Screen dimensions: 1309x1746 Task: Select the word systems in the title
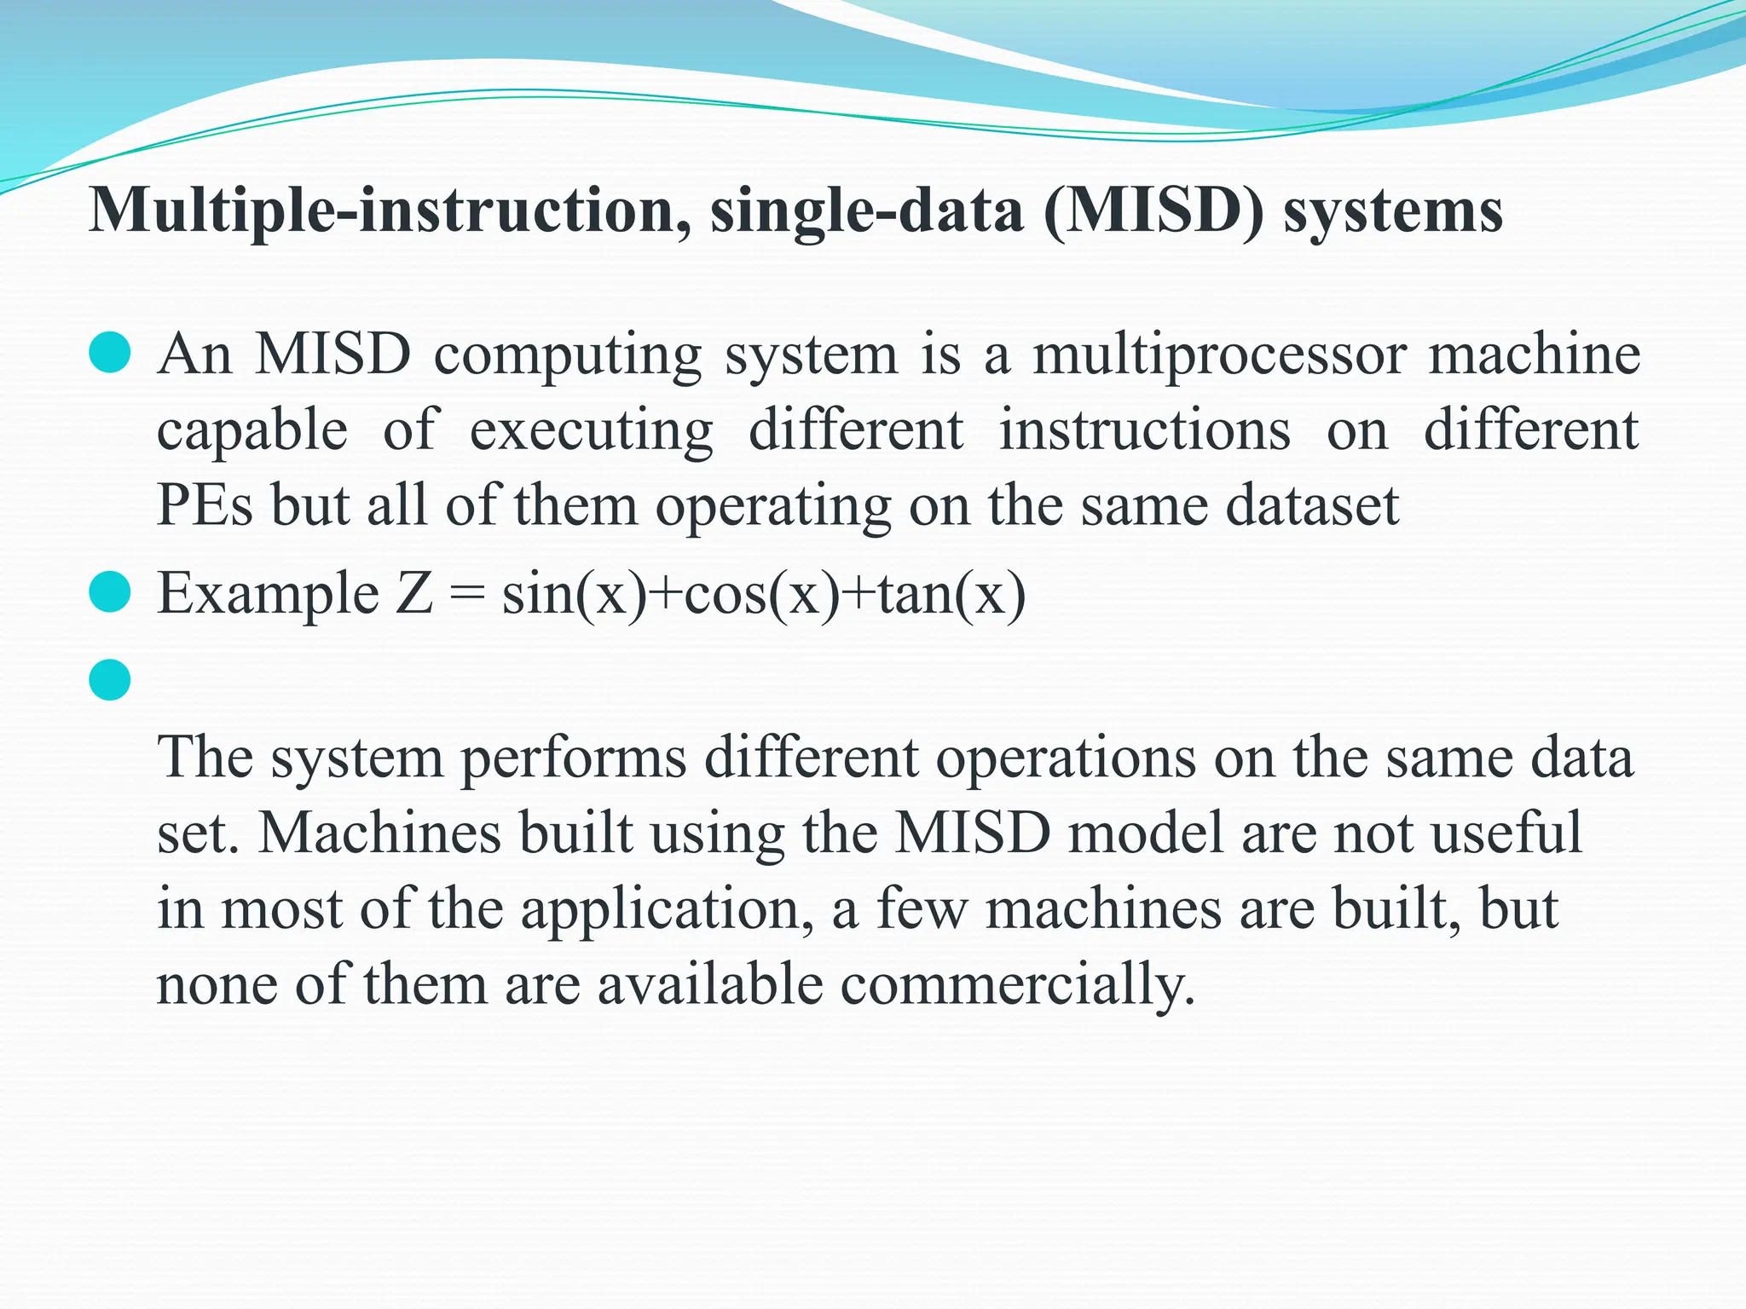1393,210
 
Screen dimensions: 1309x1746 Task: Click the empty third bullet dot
110,680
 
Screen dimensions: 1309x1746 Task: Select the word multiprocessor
1220,355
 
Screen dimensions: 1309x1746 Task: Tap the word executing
592,431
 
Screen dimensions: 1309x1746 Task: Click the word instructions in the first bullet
1145,430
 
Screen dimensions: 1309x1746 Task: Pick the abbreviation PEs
205,505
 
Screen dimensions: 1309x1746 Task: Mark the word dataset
1313,505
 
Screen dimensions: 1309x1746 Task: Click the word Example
269,594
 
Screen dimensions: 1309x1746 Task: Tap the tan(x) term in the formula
951,594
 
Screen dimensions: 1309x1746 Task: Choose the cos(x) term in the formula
762,594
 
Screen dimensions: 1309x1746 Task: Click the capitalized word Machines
379,833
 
